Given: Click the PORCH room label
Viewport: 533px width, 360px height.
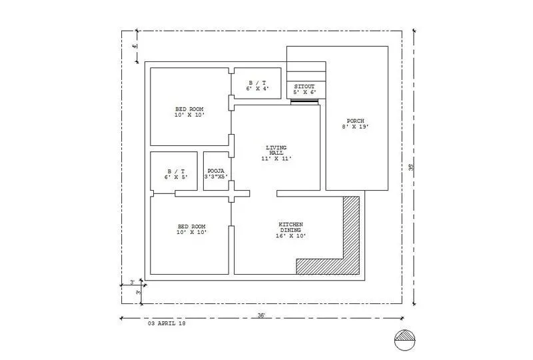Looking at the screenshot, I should (356, 121).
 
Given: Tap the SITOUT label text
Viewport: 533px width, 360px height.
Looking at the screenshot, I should (304, 86).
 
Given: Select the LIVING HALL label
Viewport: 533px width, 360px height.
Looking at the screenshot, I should (276, 150).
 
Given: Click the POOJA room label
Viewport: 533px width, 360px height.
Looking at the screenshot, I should (215, 171).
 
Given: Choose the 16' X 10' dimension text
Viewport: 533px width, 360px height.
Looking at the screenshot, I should (291, 236).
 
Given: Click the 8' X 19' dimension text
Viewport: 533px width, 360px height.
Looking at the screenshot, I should (356, 127).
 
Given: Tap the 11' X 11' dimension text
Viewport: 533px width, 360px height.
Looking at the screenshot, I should (276, 159).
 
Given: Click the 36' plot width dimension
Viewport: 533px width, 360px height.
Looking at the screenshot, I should (262, 315).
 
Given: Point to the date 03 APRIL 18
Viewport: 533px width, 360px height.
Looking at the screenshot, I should (167, 323).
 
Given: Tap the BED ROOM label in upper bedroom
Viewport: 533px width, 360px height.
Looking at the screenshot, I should (189, 109).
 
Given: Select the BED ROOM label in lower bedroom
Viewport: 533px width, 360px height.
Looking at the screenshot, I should (191, 227).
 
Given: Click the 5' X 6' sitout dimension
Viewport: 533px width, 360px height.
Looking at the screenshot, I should (304, 92).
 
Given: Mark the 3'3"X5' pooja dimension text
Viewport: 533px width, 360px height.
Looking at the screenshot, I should (217, 177).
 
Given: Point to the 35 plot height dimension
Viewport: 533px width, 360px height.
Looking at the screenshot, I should (412, 168).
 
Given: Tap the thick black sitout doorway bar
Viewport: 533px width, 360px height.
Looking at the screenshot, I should (304, 101).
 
